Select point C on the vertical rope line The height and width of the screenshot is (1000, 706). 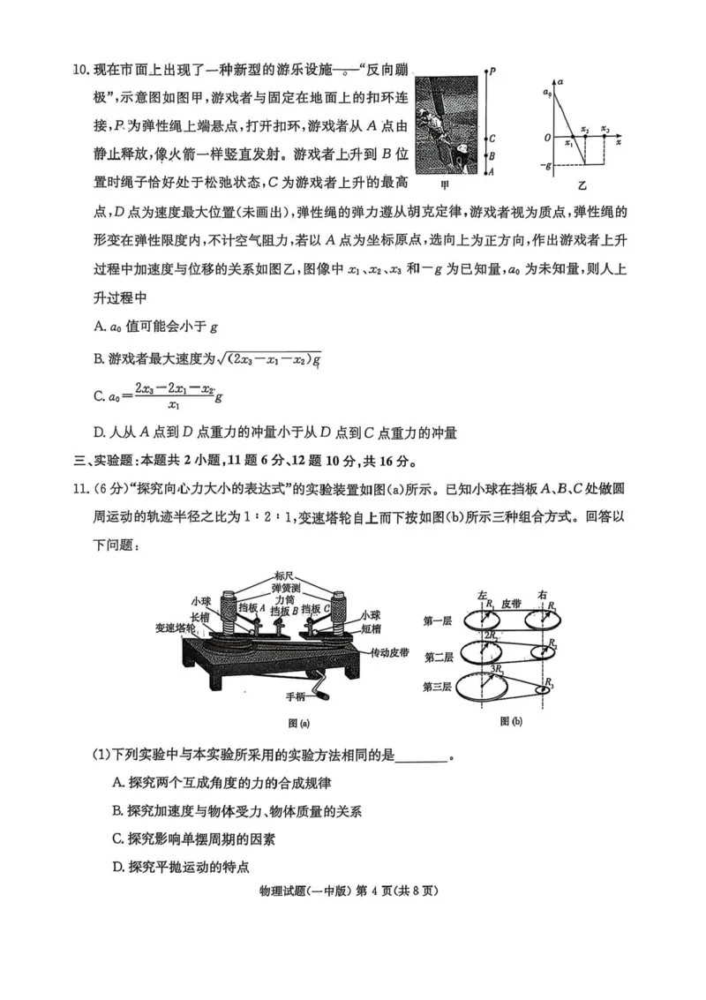coord(492,139)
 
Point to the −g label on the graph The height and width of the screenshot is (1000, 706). coord(549,165)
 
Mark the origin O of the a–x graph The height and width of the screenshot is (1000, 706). coord(548,138)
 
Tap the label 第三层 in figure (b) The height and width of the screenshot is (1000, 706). coord(439,687)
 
